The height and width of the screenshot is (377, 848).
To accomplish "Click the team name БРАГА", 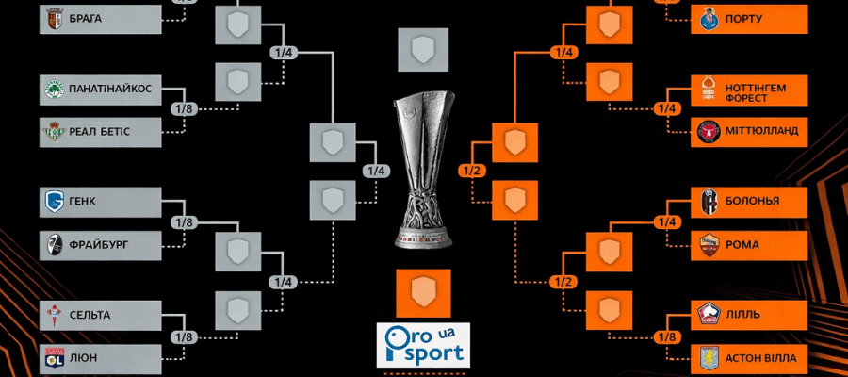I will [x=86, y=19].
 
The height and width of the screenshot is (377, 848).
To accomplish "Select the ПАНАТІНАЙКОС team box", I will [x=103, y=89].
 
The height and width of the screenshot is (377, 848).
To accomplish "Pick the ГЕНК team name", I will [x=82, y=201].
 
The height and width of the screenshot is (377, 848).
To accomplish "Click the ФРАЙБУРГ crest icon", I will [x=54, y=245].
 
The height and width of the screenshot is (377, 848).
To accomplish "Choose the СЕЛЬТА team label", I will [x=90, y=314].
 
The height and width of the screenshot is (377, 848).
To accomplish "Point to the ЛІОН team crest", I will [x=54, y=357].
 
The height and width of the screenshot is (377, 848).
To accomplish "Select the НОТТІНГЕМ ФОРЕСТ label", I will [x=755, y=92].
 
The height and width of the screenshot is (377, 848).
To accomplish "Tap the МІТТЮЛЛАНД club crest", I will [x=708, y=132].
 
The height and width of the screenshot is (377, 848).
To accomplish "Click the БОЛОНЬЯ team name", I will [x=753, y=201].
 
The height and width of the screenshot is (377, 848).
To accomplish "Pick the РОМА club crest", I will [x=708, y=245].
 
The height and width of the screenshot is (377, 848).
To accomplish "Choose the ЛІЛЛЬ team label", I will [x=742, y=314].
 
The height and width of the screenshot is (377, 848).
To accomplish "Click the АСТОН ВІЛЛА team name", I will [x=760, y=358].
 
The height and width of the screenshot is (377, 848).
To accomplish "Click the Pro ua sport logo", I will [x=422, y=344].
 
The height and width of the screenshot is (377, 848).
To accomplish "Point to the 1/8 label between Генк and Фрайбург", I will [x=183, y=222].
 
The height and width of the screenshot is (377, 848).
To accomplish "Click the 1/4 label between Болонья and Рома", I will [x=668, y=222].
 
